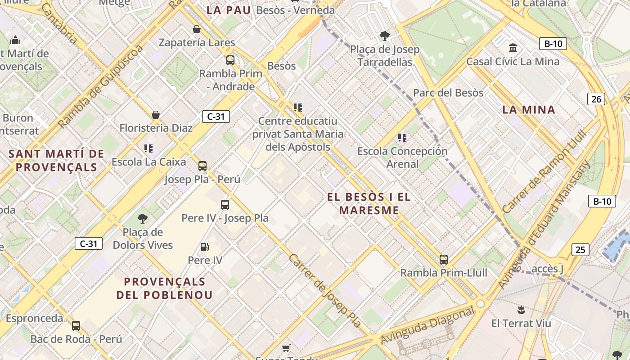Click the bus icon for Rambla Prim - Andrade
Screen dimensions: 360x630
pos(230,60)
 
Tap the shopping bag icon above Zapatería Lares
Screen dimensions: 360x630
pos(197,30)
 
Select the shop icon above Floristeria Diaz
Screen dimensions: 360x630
pos(156,115)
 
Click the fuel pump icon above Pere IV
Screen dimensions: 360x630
pos(204,247)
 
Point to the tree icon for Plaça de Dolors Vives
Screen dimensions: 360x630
pos(143,219)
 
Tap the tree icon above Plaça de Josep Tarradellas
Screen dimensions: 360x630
pos(384,36)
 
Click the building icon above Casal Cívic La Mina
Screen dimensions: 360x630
pos(513,48)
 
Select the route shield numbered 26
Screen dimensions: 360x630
pos(596,99)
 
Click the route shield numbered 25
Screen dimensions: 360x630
pos(580,249)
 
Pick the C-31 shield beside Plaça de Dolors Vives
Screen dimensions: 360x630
pos(89,244)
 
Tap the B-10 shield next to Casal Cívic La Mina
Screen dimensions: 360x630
pos(553,44)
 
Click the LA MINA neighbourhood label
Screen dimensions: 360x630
pos(529,109)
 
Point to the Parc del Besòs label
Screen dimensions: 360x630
pos(448,93)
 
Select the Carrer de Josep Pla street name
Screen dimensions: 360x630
pos(324,291)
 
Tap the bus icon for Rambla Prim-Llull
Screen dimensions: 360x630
pos(444,260)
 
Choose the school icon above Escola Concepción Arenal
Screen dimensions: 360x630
pos(402,137)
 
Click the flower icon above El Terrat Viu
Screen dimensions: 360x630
pos(521,310)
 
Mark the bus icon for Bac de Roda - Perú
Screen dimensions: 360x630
pos(76,325)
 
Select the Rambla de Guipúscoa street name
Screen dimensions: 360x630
pos(100,86)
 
